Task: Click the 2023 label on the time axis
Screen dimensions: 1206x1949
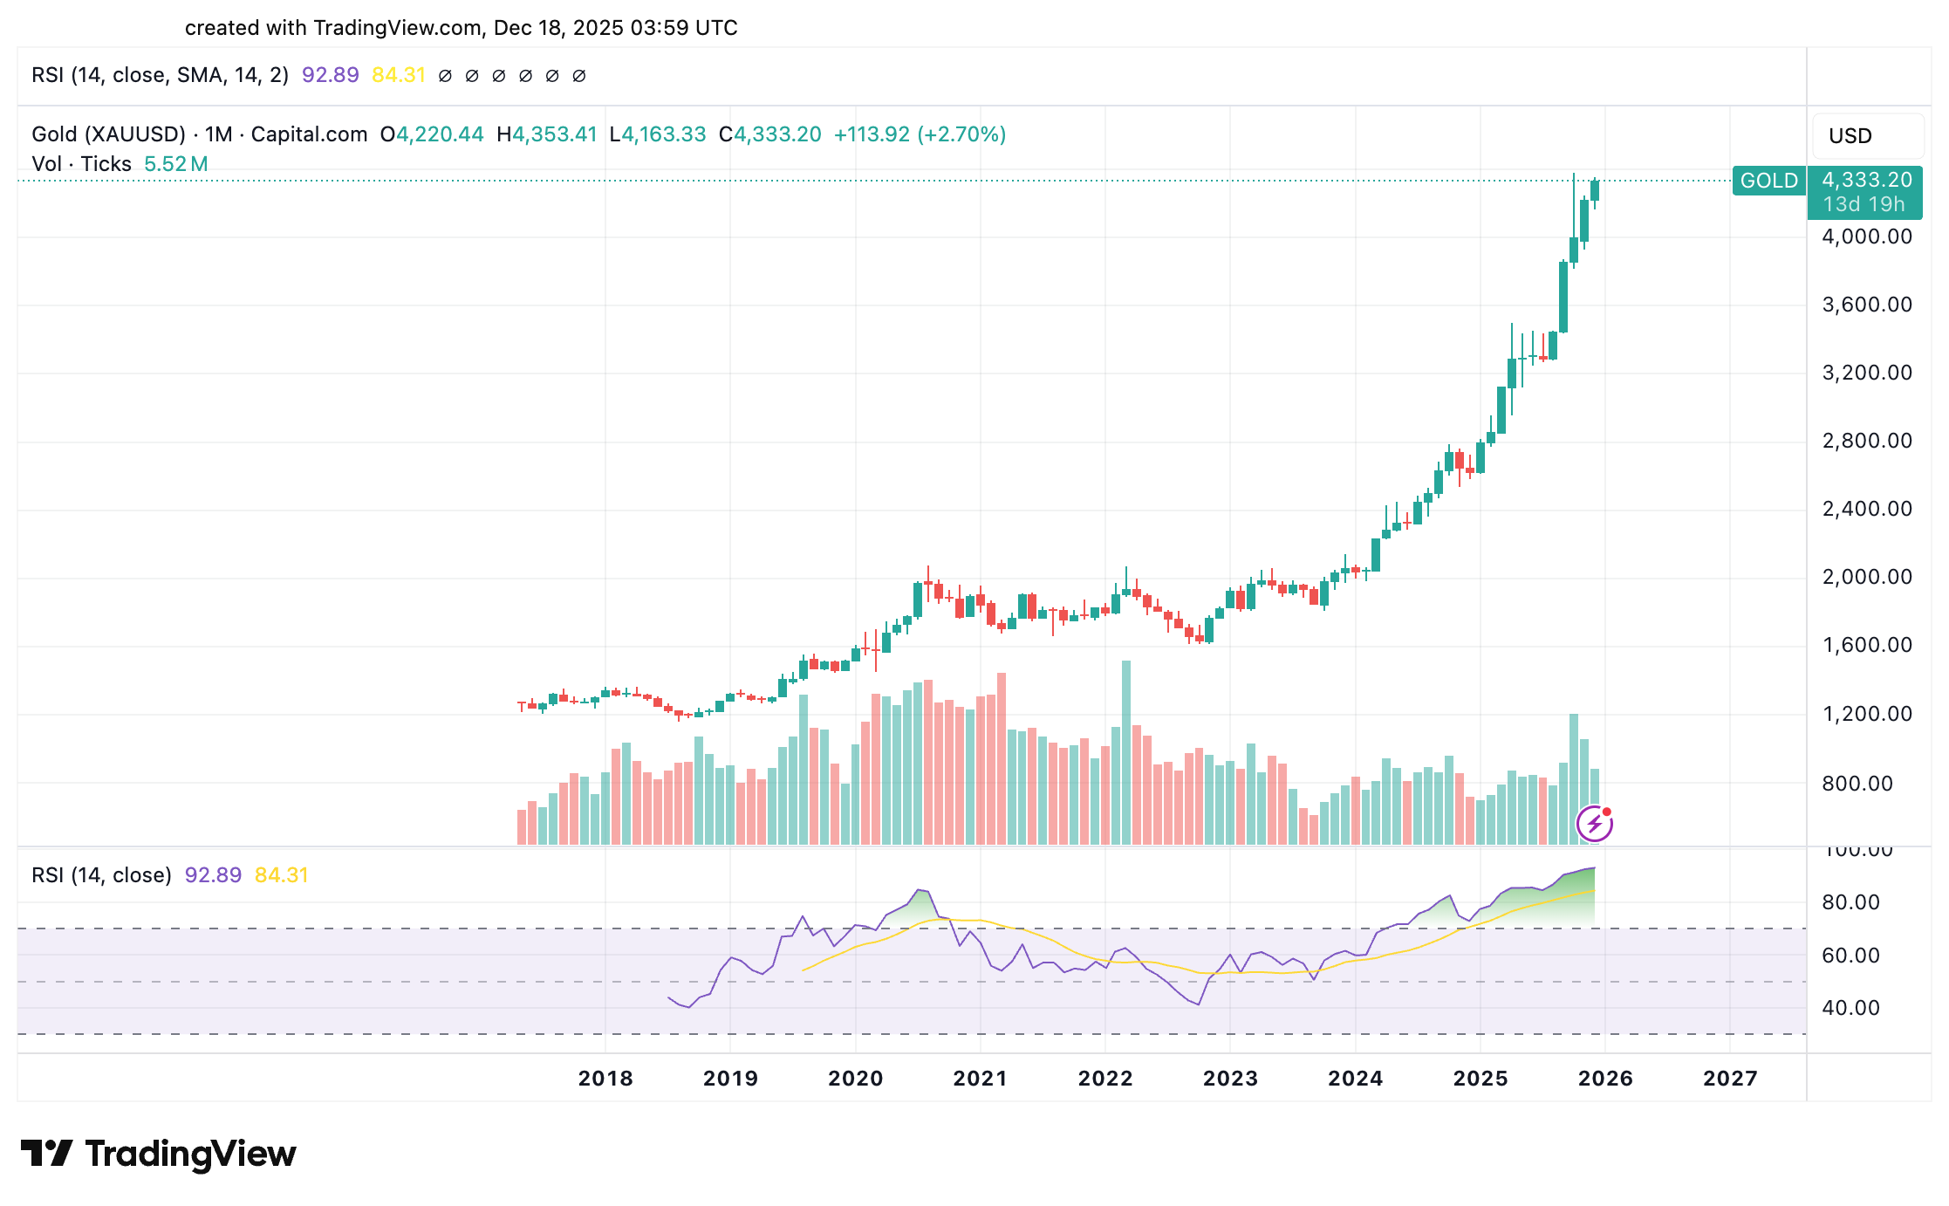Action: point(1230,1079)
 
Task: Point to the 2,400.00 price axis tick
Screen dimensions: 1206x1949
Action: point(1867,509)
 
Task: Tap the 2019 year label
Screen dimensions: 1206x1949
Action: point(730,1079)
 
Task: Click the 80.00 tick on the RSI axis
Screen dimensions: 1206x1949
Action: point(1850,902)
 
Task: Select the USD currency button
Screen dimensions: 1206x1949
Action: point(1850,136)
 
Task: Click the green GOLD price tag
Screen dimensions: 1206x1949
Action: point(1768,181)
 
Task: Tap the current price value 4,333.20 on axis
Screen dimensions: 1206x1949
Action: point(1866,180)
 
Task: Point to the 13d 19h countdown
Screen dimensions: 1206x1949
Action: point(1864,204)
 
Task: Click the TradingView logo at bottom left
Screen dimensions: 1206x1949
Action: point(158,1154)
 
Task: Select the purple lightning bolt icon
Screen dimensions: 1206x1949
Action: point(1595,823)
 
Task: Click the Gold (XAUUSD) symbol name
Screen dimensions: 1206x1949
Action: point(108,134)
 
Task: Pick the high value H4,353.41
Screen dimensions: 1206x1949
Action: point(547,134)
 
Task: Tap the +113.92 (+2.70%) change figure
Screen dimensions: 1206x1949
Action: point(920,134)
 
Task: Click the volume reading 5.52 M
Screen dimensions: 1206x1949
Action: point(175,164)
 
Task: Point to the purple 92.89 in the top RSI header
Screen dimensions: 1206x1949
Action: point(330,75)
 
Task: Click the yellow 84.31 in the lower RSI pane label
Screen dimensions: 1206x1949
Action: point(281,875)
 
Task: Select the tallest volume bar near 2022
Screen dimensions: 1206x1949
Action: point(1126,750)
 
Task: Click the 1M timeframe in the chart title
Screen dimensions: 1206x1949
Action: point(218,134)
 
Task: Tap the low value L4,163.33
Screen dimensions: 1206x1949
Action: point(658,134)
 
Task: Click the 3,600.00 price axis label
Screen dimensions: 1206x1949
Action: point(1867,305)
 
